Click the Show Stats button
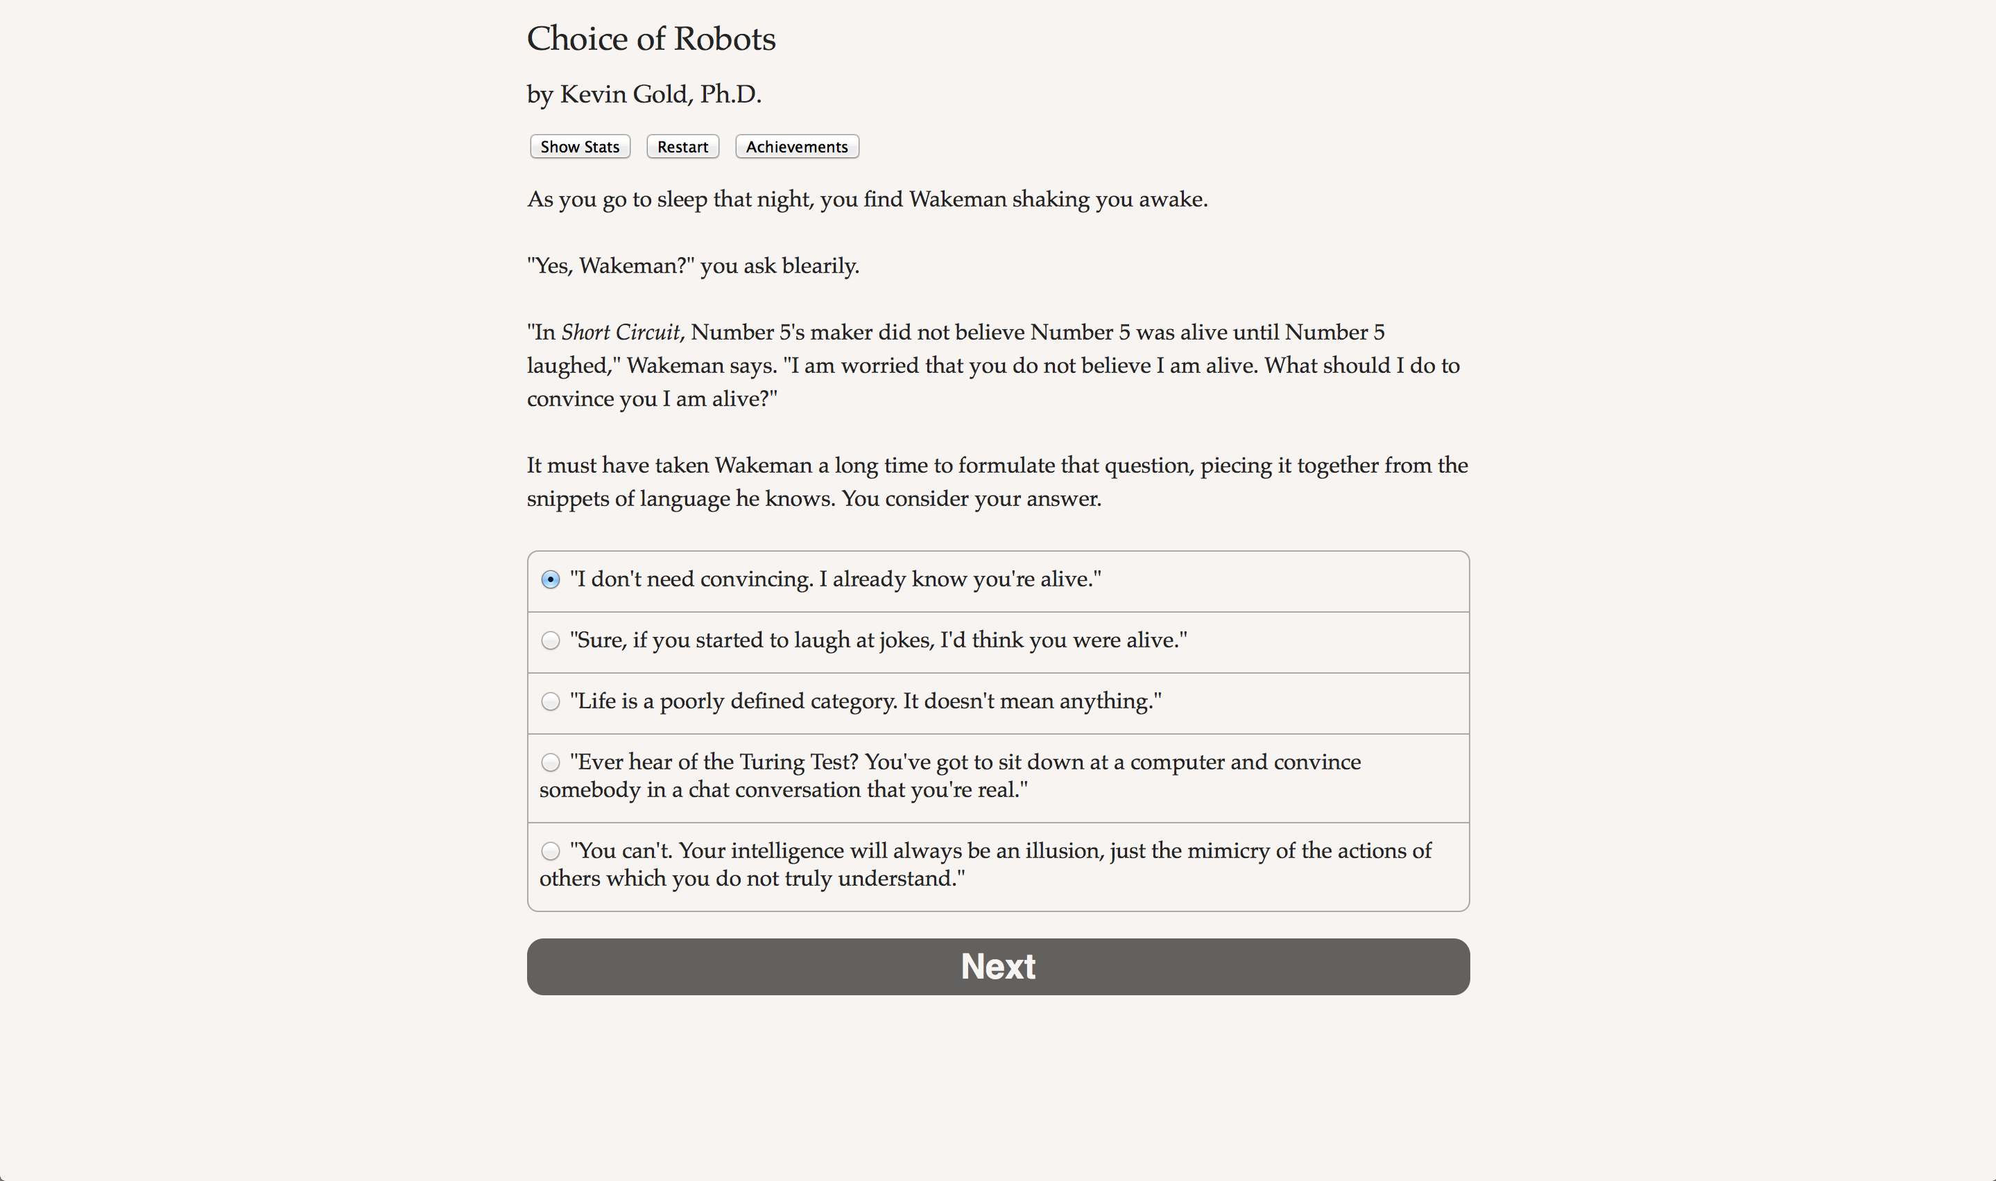point(580,147)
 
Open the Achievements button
point(796,147)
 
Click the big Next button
point(997,966)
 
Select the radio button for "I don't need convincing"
point(550,579)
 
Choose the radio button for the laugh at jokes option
point(550,640)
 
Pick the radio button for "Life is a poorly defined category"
point(550,701)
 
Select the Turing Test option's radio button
point(550,762)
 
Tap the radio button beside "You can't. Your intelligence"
point(550,850)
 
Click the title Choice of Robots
point(651,39)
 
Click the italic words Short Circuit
point(620,333)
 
